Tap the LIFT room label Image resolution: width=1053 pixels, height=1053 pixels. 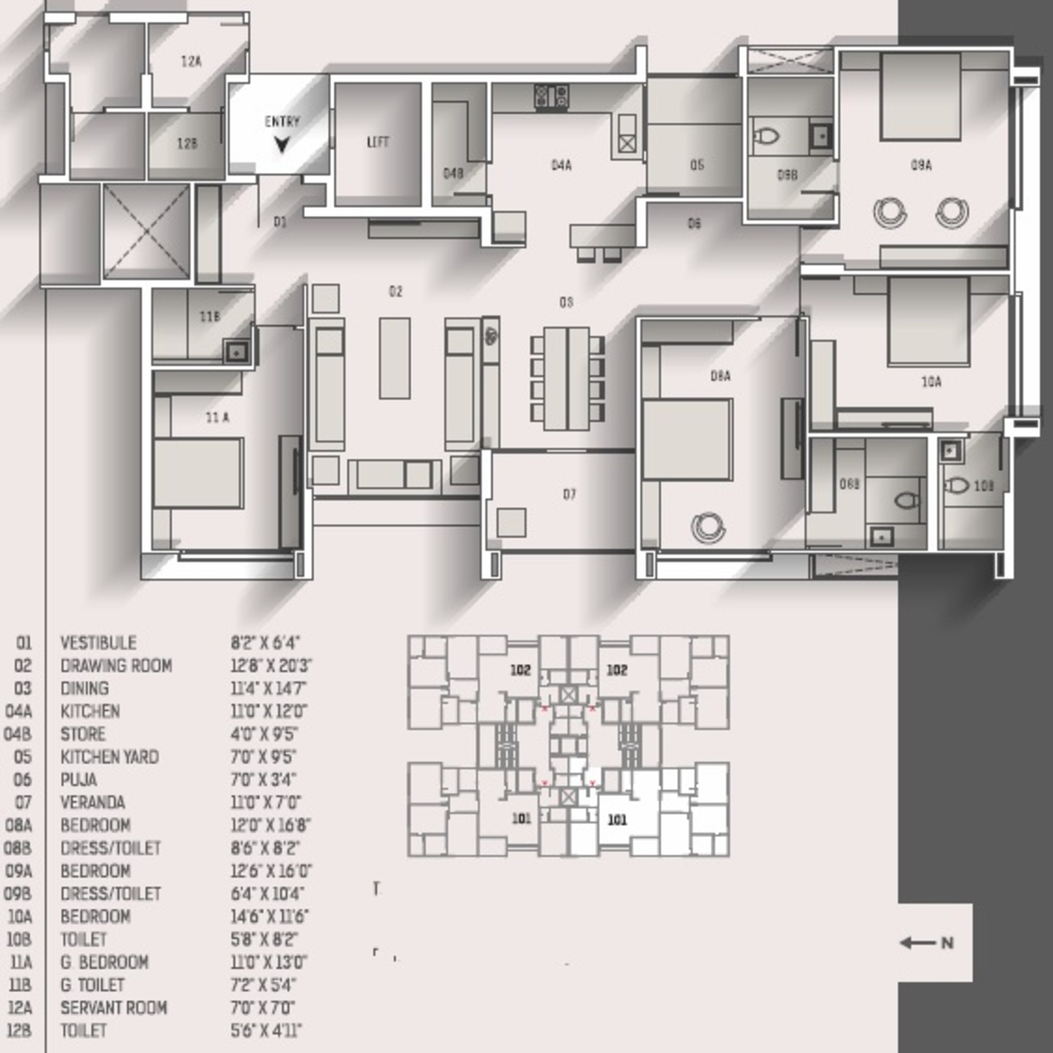point(378,142)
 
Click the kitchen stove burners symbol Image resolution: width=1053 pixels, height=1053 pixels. point(551,97)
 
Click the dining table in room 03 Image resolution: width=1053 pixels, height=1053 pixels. point(567,378)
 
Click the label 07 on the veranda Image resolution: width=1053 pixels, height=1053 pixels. point(569,494)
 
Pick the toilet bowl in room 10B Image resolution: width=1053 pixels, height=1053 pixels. point(956,485)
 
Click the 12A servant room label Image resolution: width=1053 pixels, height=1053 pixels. point(191,61)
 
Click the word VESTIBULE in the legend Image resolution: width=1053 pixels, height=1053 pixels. point(98,643)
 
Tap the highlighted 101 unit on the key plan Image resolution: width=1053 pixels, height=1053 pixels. point(617,820)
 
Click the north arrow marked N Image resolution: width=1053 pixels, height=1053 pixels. point(926,943)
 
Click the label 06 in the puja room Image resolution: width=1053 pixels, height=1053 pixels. point(694,224)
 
